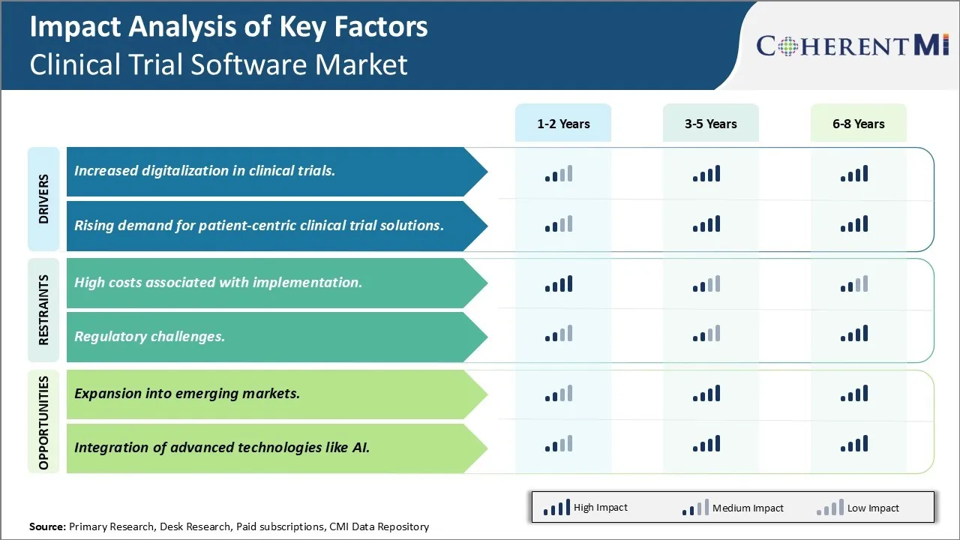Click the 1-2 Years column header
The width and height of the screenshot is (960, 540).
[x=563, y=124]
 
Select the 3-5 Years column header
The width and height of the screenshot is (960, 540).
[x=710, y=124]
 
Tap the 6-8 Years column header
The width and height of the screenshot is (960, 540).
[x=858, y=124]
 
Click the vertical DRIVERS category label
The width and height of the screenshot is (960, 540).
[x=43, y=199]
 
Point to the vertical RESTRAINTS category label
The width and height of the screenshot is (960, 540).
[x=43, y=310]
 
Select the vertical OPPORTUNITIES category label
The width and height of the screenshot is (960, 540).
[x=43, y=423]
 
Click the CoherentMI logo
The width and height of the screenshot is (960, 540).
[x=853, y=46]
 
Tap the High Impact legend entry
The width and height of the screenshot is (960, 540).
[x=586, y=508]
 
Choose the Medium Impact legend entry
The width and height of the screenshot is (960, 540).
[x=733, y=508]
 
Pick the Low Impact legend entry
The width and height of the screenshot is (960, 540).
[x=858, y=508]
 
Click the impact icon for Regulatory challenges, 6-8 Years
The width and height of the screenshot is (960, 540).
[x=854, y=334]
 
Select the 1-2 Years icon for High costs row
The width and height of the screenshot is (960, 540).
[x=559, y=284]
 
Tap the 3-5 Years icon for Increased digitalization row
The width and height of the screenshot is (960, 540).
[x=706, y=175]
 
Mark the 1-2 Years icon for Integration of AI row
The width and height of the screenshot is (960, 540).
[x=559, y=444]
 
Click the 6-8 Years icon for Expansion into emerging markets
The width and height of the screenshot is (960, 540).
[x=854, y=394]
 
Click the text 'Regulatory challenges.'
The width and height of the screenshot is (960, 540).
[x=149, y=336]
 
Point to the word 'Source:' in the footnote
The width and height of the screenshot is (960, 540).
[x=47, y=526]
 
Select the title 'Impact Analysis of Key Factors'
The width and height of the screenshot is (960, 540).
[x=228, y=27]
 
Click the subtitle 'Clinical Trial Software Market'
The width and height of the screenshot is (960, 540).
[x=218, y=64]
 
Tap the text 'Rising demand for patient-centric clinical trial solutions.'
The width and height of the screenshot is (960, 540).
[x=259, y=225]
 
